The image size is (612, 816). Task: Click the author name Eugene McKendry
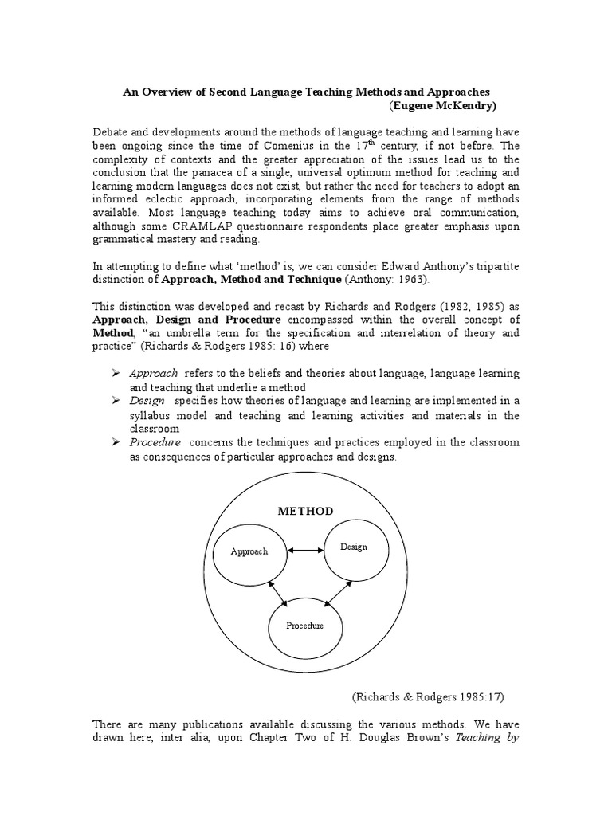(x=454, y=106)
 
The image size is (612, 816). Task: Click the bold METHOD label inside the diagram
(x=307, y=511)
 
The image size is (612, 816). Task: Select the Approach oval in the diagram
(x=249, y=551)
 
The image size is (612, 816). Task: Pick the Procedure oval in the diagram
(x=305, y=626)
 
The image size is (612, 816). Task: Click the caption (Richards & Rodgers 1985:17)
(x=429, y=696)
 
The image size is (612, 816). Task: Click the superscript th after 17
(x=370, y=142)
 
